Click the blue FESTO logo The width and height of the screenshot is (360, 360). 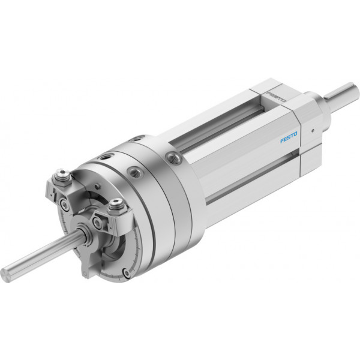coord(289,137)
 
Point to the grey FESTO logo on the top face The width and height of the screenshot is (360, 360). coord(276,97)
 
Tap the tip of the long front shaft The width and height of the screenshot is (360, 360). coord(5,275)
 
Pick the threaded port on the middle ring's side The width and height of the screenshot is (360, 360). coord(134,172)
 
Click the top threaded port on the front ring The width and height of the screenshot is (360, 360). coord(105,157)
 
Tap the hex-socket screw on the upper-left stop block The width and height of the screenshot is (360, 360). coord(61,173)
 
